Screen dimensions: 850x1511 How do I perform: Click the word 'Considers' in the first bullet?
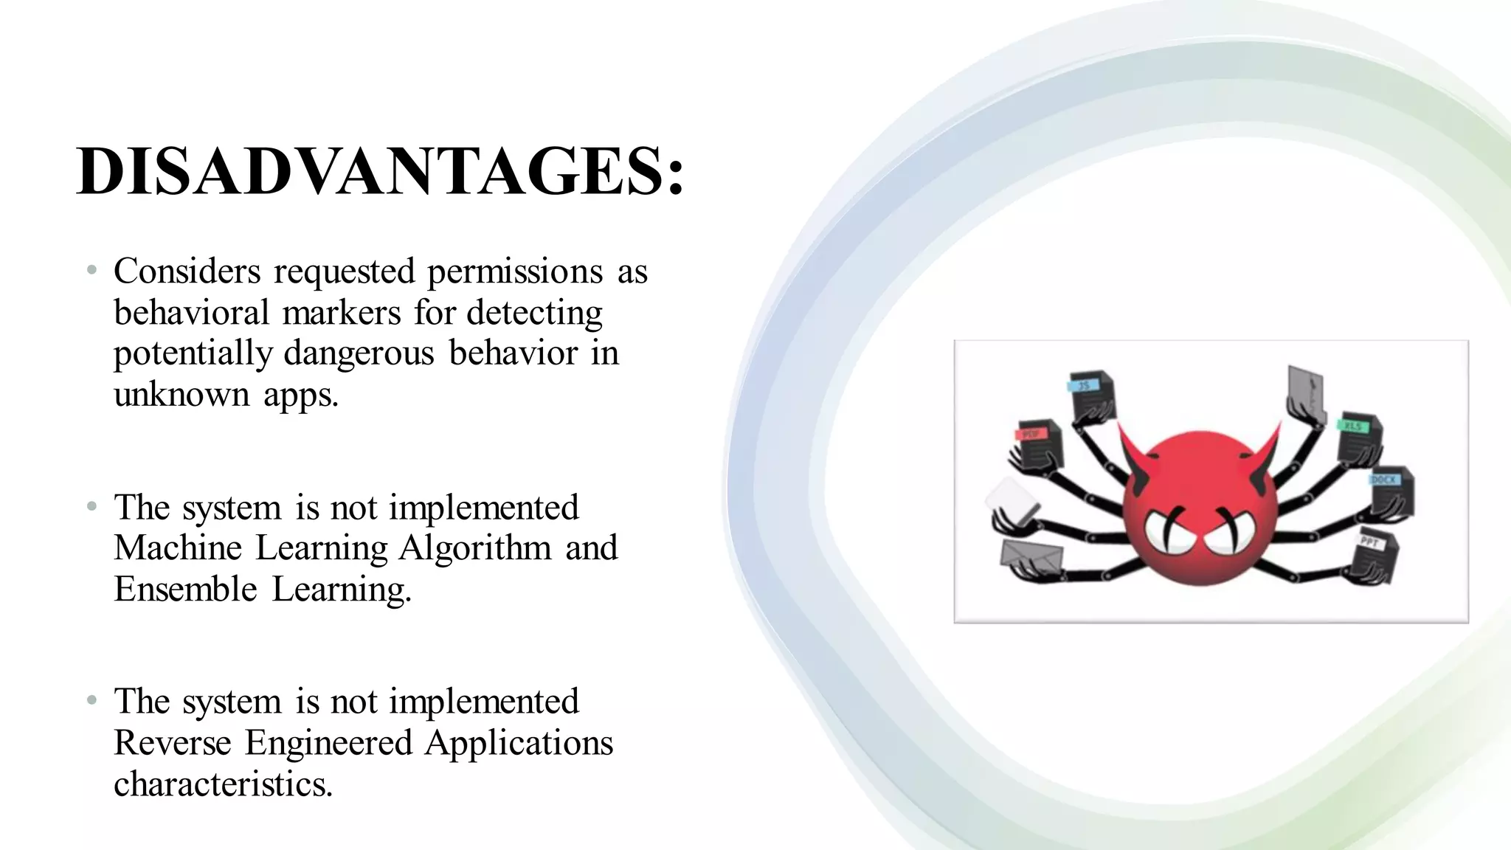[187, 272]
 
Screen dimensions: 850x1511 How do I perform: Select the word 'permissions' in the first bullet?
[515, 272]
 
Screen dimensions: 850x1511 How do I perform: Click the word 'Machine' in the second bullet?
[177, 548]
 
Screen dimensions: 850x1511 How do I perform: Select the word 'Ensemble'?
[185, 590]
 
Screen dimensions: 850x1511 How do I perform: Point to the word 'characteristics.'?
[223, 784]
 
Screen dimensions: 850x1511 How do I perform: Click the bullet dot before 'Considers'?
[91, 271]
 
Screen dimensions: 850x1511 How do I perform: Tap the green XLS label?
[1352, 426]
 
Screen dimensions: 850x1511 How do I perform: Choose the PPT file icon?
[1377, 553]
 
